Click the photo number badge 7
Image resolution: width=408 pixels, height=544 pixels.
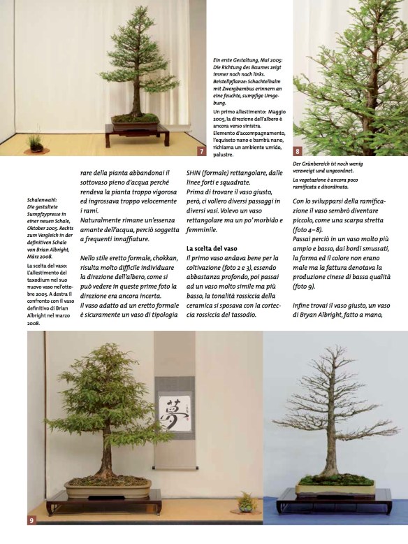point(201,151)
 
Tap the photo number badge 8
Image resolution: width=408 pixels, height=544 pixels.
point(298,150)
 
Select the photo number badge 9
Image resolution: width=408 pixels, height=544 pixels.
point(33,520)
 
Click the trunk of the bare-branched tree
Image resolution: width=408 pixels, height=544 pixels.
point(326,448)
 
